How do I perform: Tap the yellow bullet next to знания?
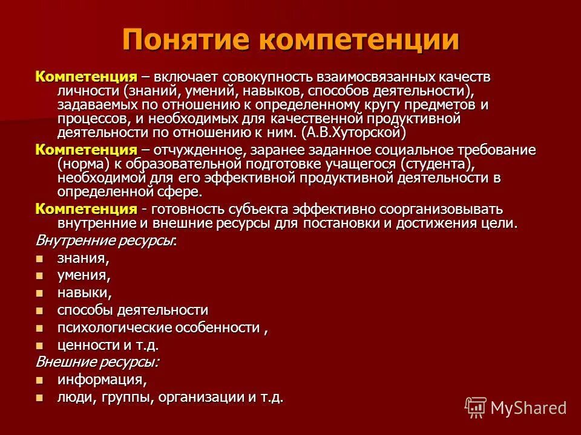pyautogui.click(x=40, y=259)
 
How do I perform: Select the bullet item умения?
pyautogui.click(x=84, y=276)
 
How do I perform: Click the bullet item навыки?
pyautogui.click(x=84, y=293)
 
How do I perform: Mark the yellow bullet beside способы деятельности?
pyautogui.click(x=40, y=311)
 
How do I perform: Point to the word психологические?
pyautogui.click(x=114, y=328)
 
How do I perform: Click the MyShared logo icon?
pyautogui.click(x=476, y=408)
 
